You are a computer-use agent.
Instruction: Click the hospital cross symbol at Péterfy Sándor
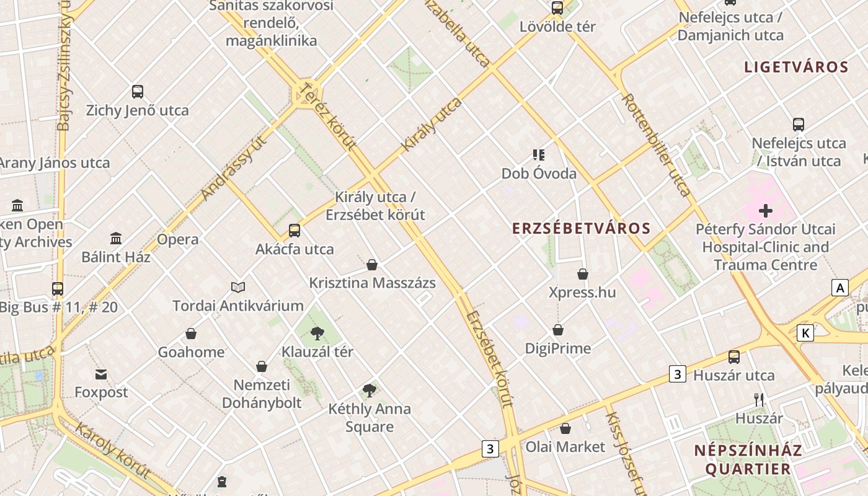click(766, 211)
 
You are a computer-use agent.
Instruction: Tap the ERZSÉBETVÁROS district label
click(581, 228)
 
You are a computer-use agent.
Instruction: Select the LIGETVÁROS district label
click(796, 67)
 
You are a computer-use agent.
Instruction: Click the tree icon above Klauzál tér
click(317, 333)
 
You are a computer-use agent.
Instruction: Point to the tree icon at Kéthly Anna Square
click(370, 390)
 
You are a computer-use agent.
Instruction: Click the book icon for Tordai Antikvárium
click(238, 287)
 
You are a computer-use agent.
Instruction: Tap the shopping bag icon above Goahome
click(191, 334)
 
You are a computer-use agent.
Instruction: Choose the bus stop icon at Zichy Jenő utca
click(138, 92)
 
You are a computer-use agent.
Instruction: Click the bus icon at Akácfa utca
click(294, 231)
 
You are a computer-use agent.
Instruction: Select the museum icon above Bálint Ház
click(116, 238)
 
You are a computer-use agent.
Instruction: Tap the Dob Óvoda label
click(539, 174)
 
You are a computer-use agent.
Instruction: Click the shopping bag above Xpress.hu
click(583, 273)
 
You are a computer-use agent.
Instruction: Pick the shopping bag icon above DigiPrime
click(558, 330)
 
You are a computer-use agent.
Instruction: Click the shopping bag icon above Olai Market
click(565, 428)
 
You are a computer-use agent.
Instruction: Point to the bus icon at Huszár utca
click(734, 356)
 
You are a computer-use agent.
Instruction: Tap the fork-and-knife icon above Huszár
click(759, 400)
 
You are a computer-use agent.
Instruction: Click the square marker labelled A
click(839, 288)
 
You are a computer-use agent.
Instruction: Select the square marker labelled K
click(805, 333)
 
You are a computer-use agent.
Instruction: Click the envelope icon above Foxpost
click(101, 374)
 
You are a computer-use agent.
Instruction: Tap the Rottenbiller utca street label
click(656, 145)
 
